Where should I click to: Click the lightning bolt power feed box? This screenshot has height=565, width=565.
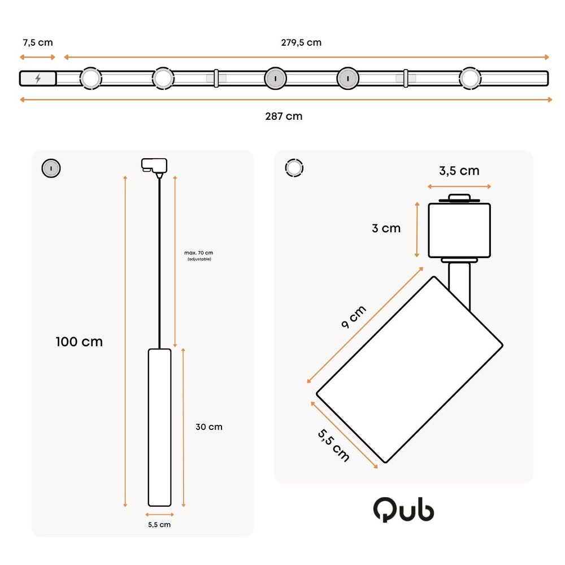38,79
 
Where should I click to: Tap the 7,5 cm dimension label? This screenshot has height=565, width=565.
38,43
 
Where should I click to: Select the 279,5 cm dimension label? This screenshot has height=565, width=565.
301,43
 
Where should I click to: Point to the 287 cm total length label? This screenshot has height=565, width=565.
284,116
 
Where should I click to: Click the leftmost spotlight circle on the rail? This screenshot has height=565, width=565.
90,79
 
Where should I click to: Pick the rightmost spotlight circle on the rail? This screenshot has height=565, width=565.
470,79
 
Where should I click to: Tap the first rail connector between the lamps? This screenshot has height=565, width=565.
216,79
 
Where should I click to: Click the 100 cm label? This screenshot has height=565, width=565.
79,342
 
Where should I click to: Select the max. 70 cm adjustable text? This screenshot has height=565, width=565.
199,255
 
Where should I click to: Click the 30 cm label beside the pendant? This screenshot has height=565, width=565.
208,427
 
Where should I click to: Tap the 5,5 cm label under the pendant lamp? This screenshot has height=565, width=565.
159,525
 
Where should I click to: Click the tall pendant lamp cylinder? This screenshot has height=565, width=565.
159,427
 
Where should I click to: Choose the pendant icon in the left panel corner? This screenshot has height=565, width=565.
51,168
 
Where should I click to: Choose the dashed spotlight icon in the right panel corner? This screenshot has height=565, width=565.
294,168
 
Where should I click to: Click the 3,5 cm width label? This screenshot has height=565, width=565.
459,171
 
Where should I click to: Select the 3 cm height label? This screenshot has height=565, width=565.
386,228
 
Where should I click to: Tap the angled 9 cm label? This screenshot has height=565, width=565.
354,318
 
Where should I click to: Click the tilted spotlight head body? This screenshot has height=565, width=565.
410,370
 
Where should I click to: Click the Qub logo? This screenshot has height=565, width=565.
403,510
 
